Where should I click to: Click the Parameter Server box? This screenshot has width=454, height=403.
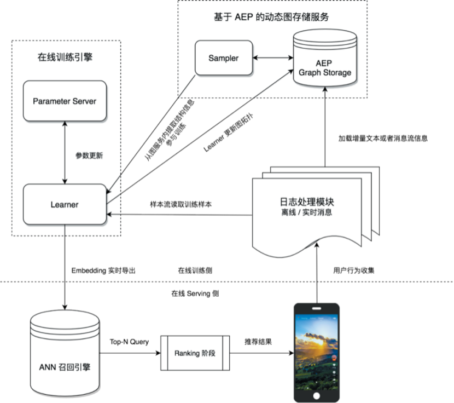[65, 101]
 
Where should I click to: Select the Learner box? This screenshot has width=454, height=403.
[65, 204]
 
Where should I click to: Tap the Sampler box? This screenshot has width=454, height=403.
[224, 58]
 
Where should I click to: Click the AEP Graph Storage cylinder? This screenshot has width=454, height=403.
[325, 58]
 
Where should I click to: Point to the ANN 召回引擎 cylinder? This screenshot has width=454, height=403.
[65, 354]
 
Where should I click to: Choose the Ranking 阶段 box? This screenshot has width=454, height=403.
[195, 353]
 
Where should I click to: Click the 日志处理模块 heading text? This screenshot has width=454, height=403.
[307, 202]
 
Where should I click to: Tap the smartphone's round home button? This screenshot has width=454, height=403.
[317, 396]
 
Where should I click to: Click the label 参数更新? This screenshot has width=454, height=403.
[89, 156]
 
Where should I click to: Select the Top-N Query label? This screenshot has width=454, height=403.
[129, 342]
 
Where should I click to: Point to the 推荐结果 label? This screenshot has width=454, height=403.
[258, 342]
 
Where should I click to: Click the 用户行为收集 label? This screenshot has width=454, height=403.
[354, 270]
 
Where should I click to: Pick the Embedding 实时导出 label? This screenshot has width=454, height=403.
[103, 270]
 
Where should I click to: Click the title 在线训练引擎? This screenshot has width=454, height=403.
[65, 57]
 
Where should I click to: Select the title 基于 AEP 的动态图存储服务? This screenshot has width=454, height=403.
[271, 17]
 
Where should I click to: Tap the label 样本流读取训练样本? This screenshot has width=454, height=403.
[181, 204]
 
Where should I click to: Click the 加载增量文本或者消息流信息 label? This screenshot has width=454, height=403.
[383, 139]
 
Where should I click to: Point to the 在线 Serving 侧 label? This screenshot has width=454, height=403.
[195, 293]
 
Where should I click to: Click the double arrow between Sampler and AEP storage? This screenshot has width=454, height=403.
[273, 57]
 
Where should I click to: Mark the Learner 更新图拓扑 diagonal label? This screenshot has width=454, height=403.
[229, 133]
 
